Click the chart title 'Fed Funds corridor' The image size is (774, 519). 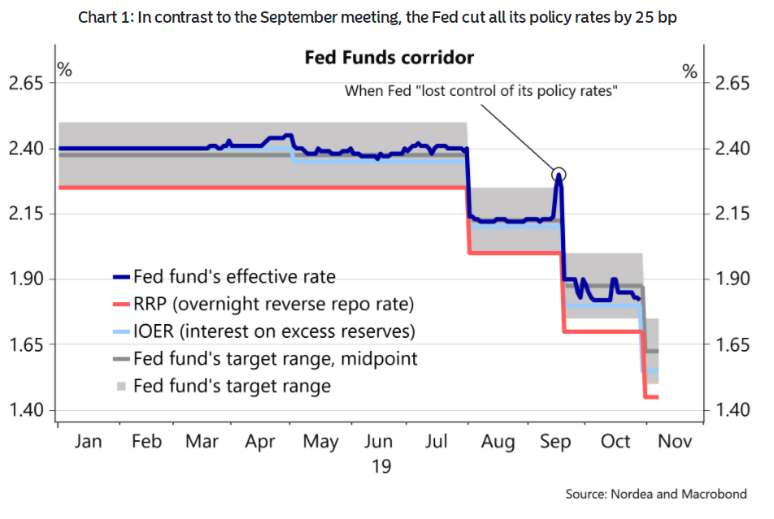(389, 58)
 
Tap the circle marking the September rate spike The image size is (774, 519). (559, 174)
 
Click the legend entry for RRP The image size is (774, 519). (274, 305)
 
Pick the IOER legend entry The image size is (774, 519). (274, 331)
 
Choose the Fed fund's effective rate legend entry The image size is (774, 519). (234, 277)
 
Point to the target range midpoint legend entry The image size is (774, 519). (276, 358)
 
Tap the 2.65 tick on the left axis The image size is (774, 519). (26, 84)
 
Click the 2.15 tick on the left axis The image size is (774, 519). (26, 214)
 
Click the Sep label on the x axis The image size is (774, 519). (557, 442)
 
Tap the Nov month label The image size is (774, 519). (674, 442)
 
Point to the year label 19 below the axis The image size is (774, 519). (380, 466)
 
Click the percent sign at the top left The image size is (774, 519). (64, 70)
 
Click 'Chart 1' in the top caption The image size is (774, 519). (104, 19)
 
